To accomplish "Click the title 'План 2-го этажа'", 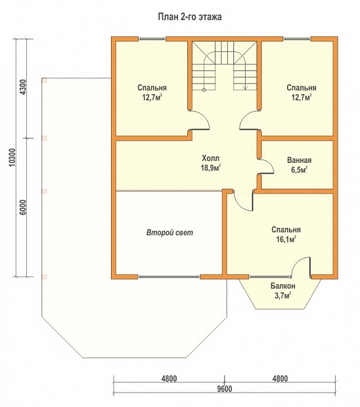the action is [x=190, y=17].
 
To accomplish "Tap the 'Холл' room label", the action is [x=211, y=158].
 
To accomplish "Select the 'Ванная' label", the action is [x=299, y=160].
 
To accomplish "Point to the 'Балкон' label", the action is [x=283, y=286].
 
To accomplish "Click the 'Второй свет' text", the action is [x=170, y=232].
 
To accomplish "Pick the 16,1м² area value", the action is [x=286, y=240].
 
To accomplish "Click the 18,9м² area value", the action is [x=211, y=167].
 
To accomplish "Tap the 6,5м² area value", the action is [x=299, y=170].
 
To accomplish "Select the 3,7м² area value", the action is [x=283, y=295].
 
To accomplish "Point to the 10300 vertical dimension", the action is [x=12, y=158].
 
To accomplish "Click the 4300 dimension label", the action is [x=23, y=87].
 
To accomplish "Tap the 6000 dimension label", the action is [x=23, y=207].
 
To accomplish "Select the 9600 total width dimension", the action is [x=225, y=389].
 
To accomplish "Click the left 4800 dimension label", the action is [x=169, y=379].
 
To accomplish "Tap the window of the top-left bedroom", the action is [x=152, y=39].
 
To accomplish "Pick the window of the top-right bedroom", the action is [x=297, y=39].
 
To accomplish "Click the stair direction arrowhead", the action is [x=245, y=88].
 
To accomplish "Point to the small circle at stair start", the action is [x=204, y=90].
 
